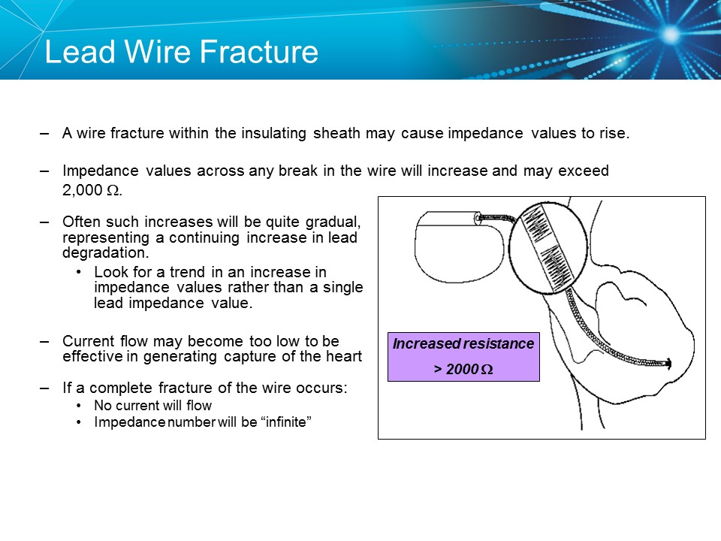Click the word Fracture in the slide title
260,53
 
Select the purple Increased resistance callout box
463,356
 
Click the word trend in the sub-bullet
185,272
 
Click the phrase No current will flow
152,406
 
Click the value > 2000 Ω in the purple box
463,370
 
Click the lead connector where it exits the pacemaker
478,218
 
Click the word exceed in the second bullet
584,171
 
